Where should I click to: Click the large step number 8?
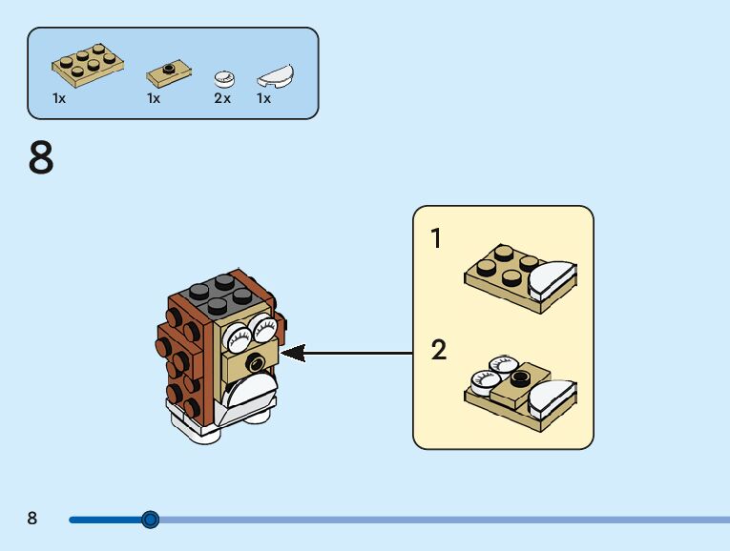tap(41, 157)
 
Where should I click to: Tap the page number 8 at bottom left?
tap(31, 518)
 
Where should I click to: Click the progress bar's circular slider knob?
tap(150, 520)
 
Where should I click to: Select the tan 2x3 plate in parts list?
tap(88, 65)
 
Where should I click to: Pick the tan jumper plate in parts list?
tap(169, 74)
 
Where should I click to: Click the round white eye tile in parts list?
tap(224, 79)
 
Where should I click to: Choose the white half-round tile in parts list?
tap(276, 76)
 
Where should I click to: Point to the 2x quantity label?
tap(222, 98)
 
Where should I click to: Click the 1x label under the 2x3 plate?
tap(59, 98)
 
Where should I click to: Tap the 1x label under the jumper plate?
tap(154, 98)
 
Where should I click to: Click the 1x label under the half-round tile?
tap(263, 98)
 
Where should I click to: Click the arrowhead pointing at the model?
tap(293, 354)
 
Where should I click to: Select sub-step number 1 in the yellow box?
tap(436, 238)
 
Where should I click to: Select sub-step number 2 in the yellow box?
tap(439, 350)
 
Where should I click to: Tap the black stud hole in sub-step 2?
tap(520, 378)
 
